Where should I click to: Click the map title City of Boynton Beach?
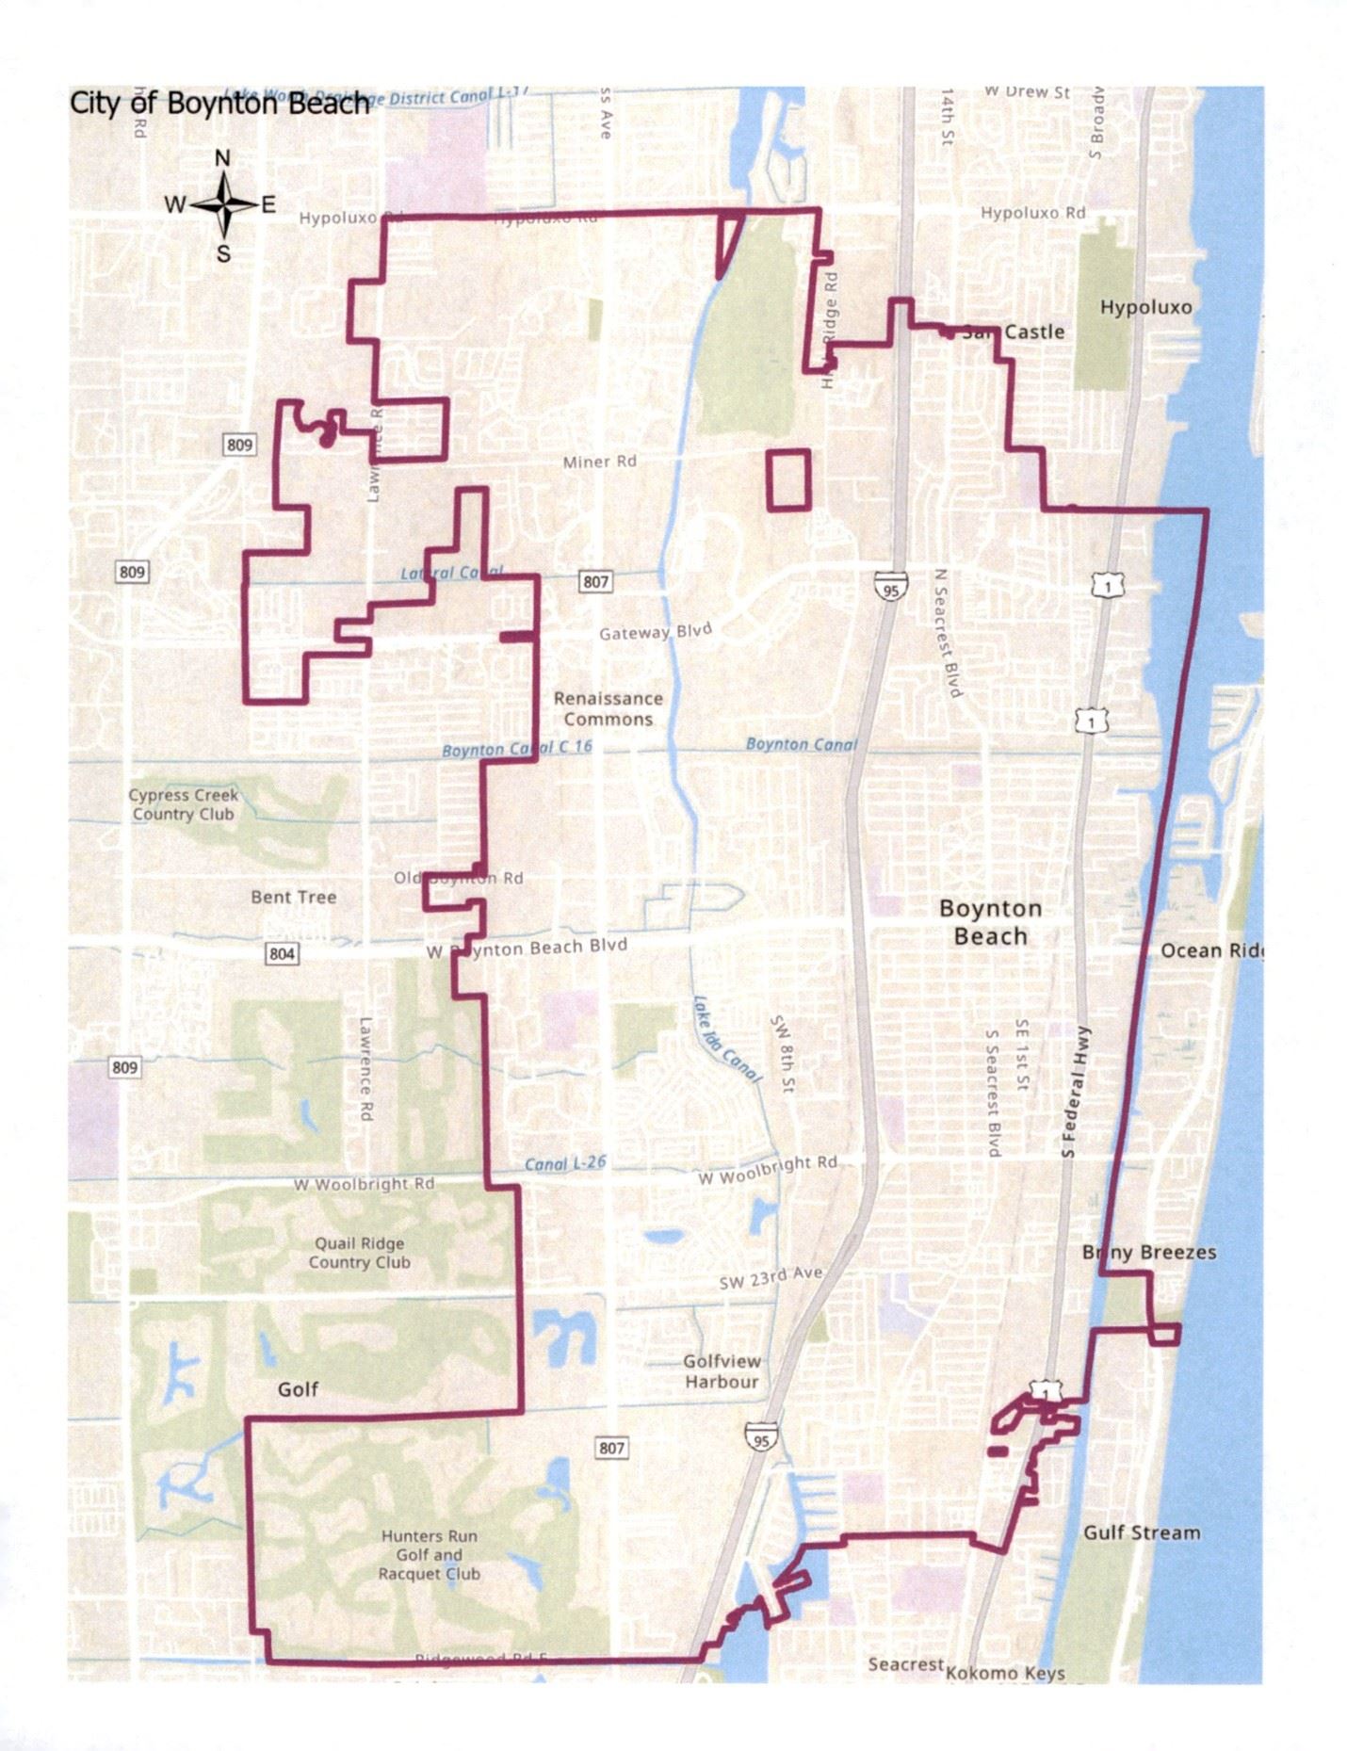point(219,103)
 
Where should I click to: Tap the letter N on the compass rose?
point(223,158)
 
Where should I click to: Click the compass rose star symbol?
point(224,204)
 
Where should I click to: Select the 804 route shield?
point(282,953)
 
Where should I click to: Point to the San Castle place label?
point(1013,332)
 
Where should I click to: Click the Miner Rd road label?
point(599,462)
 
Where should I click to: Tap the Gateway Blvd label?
point(656,631)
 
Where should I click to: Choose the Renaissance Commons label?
point(608,708)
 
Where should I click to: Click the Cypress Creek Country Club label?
point(184,804)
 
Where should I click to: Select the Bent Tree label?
point(293,897)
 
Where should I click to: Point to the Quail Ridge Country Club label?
point(360,1253)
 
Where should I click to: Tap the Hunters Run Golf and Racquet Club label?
point(429,1554)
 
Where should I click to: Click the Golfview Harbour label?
point(722,1371)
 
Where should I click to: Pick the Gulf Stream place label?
point(1141,1532)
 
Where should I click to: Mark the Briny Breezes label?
point(1149,1252)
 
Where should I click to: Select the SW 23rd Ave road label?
point(771,1277)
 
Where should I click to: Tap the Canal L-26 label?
point(565,1163)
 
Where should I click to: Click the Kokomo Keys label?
point(1004,1673)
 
